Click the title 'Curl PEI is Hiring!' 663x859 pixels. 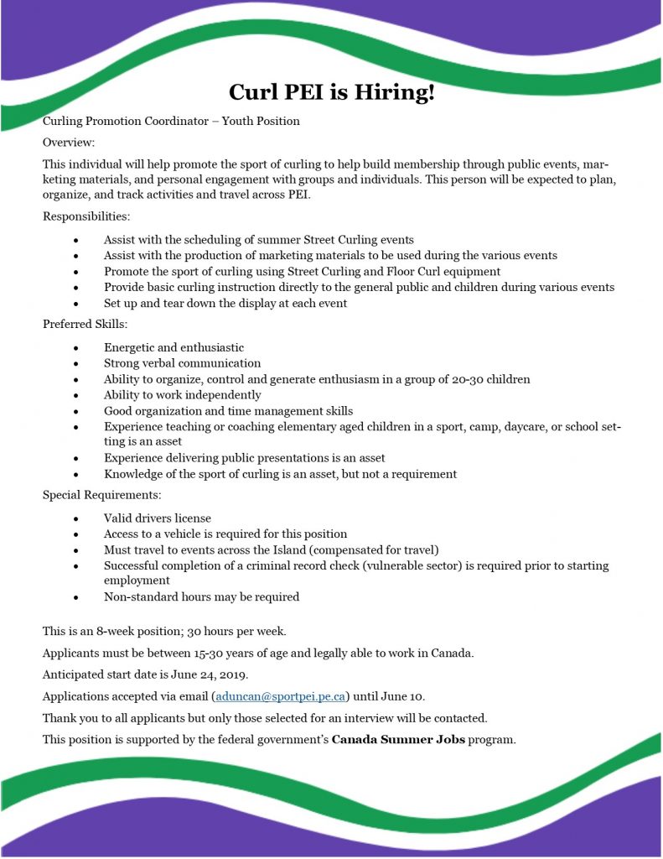[x=332, y=92]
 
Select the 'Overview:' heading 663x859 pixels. [x=69, y=143]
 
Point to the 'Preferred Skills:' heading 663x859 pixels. [x=85, y=324]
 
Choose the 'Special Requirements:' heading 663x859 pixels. [x=101, y=495]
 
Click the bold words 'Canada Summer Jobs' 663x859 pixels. [x=398, y=740]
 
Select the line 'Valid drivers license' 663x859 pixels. [x=158, y=518]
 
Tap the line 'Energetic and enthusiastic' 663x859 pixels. [x=174, y=347]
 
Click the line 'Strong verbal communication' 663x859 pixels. [x=182, y=363]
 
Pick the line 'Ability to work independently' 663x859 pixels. [x=182, y=395]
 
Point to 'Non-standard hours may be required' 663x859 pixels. [x=201, y=597]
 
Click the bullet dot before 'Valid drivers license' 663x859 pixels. [x=76, y=519]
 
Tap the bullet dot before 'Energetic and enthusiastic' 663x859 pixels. [x=76, y=348]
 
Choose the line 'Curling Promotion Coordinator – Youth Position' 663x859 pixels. [x=171, y=121]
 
